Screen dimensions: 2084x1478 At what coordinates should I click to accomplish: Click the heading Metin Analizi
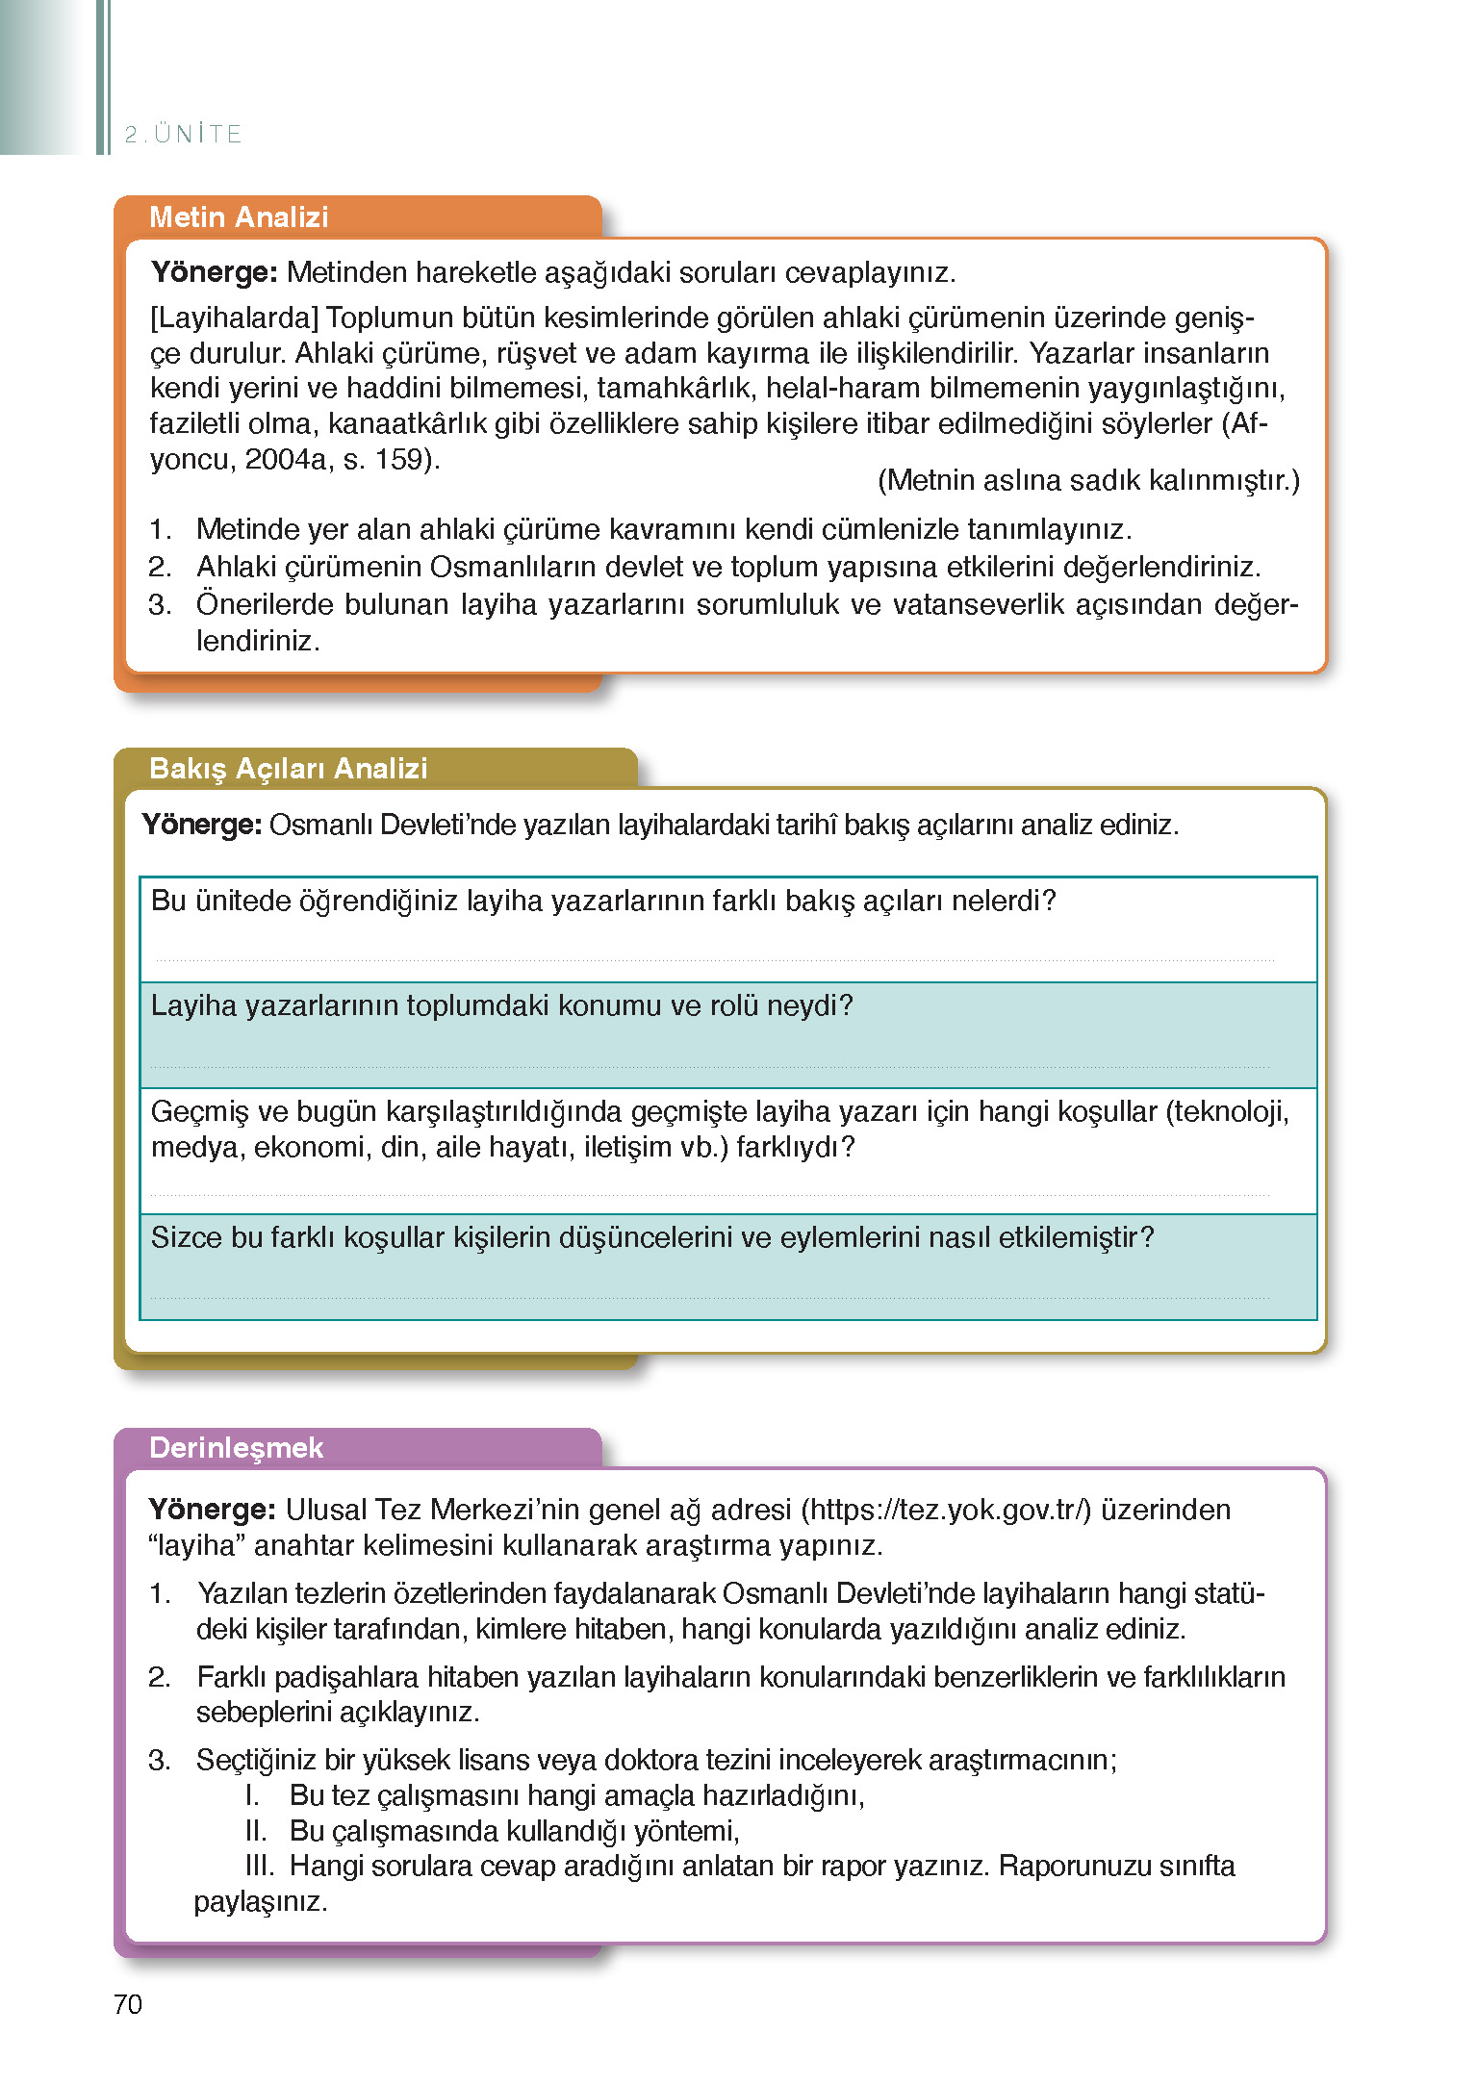point(239,217)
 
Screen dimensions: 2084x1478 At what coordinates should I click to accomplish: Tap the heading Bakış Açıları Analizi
point(288,769)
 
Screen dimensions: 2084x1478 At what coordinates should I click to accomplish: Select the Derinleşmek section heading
point(236,1448)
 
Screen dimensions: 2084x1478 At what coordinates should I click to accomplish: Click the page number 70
point(128,2004)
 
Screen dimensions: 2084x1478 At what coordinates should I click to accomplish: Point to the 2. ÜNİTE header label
point(183,134)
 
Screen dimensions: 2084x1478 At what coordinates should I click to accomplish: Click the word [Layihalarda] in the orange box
point(234,318)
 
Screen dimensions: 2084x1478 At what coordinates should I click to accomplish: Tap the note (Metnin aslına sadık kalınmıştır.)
point(1087,480)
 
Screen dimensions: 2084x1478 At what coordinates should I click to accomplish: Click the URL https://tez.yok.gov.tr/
point(946,1510)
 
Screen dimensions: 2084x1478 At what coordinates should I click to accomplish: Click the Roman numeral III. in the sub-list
point(259,1866)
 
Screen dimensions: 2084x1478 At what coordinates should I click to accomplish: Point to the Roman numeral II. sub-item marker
point(255,1830)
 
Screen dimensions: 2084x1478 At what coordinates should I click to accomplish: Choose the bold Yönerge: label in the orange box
point(214,272)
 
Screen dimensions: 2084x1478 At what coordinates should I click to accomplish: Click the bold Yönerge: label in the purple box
point(212,1510)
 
